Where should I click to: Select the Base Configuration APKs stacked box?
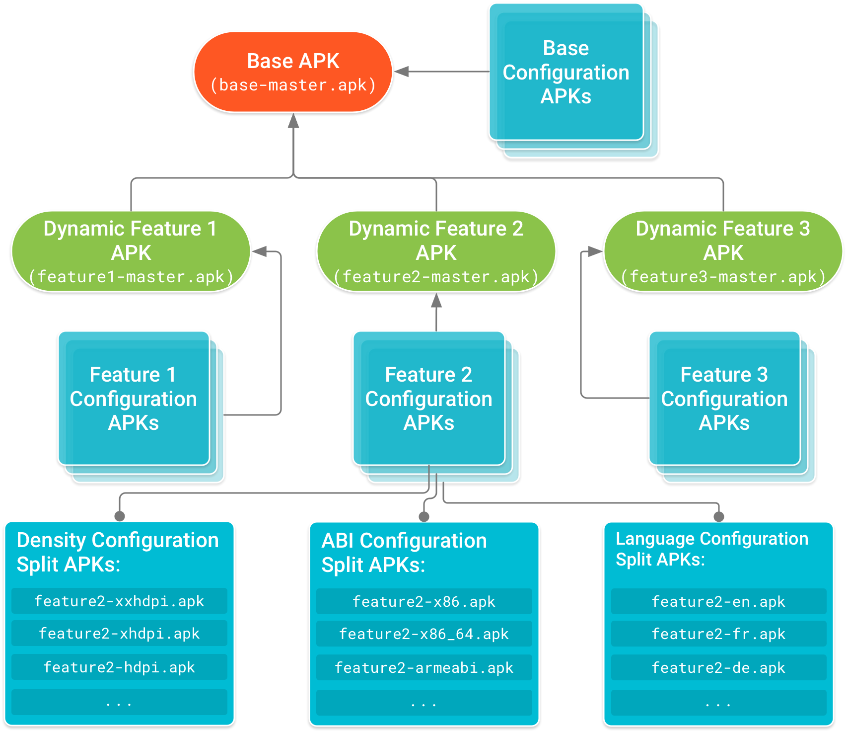566,73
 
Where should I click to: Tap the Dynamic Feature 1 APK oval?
131,251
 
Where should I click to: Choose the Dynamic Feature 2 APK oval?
436,251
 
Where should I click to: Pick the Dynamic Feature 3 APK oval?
723,251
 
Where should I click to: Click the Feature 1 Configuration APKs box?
134,399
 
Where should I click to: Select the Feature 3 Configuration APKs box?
724,399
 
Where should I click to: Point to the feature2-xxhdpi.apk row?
119,601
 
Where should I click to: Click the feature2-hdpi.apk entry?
119,667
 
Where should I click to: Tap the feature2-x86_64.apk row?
424,634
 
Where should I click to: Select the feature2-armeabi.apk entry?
424,668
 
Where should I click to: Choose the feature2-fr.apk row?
718,634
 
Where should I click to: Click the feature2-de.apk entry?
718,668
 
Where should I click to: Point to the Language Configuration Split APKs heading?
711,549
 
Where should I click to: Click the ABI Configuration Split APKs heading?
404,553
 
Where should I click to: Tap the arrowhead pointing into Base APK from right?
401,72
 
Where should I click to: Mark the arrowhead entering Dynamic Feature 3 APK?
595,251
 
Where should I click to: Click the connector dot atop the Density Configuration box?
120,516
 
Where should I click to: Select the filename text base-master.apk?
293,85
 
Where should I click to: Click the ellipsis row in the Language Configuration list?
718,703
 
